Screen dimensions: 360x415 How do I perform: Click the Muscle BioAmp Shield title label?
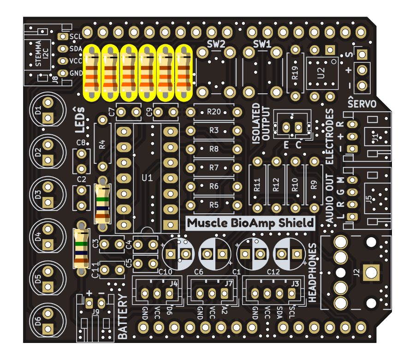click(251, 223)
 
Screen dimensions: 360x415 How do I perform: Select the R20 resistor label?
click(213, 111)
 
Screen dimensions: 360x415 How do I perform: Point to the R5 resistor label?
click(213, 204)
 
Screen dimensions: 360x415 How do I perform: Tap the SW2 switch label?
click(216, 44)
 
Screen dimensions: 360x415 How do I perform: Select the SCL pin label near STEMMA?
click(75, 36)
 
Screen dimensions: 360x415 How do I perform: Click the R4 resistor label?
click(102, 144)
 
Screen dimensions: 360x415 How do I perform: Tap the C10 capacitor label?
click(165, 271)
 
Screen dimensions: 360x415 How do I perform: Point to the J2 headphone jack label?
click(356, 272)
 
